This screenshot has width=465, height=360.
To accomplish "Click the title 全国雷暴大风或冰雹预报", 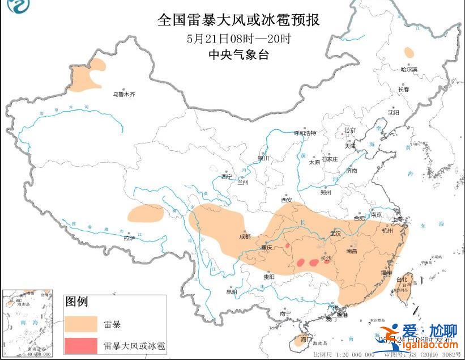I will coord(238,20).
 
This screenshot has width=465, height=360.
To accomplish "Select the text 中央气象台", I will coord(238,55).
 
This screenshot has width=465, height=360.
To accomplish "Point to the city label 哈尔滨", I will coord(408,69).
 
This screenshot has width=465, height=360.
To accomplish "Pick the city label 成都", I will coord(244,237).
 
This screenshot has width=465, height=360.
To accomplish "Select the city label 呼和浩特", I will coord(305,133).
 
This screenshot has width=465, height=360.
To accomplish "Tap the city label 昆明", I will coord(232,292).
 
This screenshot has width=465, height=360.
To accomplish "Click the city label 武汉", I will coord(335,233).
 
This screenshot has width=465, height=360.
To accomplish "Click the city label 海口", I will coord(306,339).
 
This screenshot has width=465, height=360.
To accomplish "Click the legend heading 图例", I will coord(76,301).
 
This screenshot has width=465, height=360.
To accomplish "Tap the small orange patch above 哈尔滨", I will coord(408,53).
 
